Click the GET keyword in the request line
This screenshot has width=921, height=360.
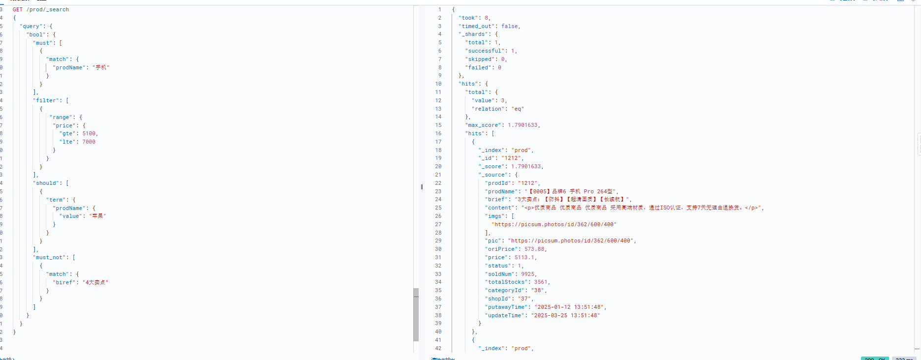pos(18,9)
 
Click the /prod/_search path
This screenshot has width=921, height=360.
pos(48,9)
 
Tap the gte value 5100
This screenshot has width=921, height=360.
pos(90,133)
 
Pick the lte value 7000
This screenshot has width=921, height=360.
pos(89,142)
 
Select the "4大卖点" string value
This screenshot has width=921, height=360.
pos(95,282)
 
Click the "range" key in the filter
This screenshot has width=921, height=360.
pos(61,117)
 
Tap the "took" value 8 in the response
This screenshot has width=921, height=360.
pos(487,18)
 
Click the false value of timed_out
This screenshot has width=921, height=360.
pos(510,26)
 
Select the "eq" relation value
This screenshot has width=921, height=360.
pos(518,109)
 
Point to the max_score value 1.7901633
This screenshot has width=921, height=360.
pos(523,125)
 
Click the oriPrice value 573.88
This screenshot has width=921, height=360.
pos(534,249)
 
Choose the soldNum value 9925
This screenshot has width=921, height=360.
pos(528,274)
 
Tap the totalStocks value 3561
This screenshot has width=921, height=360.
pos(541,282)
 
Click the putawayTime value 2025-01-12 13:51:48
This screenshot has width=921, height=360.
pos(570,307)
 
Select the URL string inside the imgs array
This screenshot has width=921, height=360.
pos(554,224)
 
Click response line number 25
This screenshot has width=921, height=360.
pos(438,208)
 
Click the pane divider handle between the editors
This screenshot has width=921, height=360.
pos(422,187)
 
